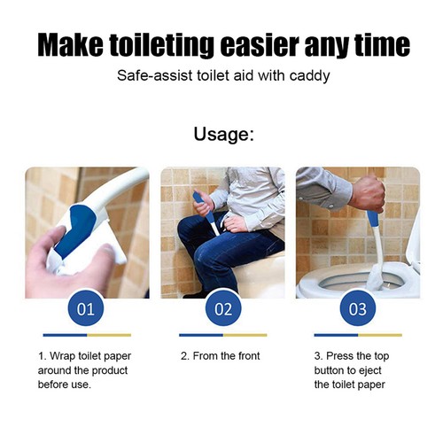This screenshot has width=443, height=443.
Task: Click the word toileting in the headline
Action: [161, 45]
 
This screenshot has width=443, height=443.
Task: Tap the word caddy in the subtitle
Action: [309, 76]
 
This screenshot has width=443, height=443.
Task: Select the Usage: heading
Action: [223, 134]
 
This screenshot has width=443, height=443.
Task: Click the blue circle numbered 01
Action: [86, 308]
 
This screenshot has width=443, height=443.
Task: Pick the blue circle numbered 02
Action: [223, 308]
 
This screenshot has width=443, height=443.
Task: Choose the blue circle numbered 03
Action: [358, 308]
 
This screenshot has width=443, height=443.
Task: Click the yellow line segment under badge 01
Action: [109, 335]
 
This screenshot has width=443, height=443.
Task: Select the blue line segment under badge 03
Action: [336, 335]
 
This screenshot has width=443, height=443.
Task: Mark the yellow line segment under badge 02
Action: [245, 335]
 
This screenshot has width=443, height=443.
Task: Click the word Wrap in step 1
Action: [62, 356]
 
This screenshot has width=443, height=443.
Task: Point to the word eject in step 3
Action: [369, 370]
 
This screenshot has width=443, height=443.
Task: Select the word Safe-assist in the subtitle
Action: [155, 76]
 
